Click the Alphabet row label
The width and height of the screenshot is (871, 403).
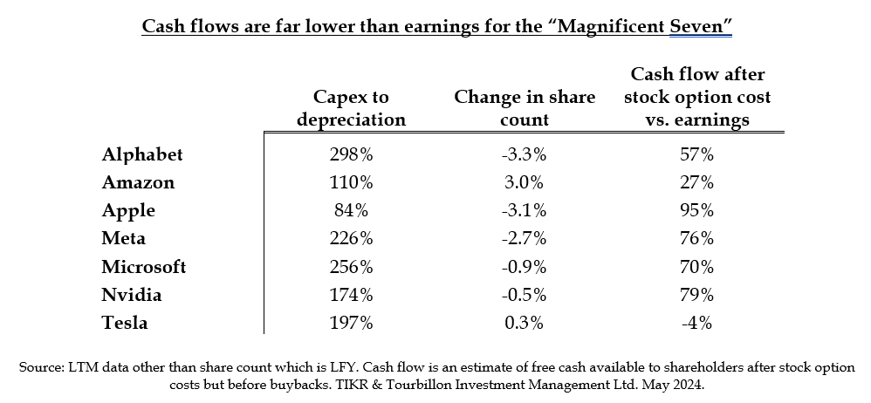[142, 154]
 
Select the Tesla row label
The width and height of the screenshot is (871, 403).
[124, 323]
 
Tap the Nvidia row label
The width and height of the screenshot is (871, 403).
[131, 295]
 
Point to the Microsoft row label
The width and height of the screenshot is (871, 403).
[144, 267]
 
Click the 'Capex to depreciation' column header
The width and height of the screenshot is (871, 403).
[351, 107]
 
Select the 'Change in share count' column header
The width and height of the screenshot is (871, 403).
[525, 107]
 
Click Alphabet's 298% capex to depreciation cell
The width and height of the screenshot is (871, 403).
[351, 154]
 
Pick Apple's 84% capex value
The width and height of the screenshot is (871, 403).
[351, 210]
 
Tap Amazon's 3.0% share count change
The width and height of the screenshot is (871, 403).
[525, 182]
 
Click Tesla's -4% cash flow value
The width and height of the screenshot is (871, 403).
[698, 323]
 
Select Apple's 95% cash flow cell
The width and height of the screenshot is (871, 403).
[698, 210]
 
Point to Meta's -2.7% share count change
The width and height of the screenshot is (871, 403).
[525, 238]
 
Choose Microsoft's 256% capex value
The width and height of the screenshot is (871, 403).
[351, 267]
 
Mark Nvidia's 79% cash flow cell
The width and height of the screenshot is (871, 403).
[698, 295]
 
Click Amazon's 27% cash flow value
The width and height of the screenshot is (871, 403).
[698, 182]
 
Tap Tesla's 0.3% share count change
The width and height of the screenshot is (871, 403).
[525, 323]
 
